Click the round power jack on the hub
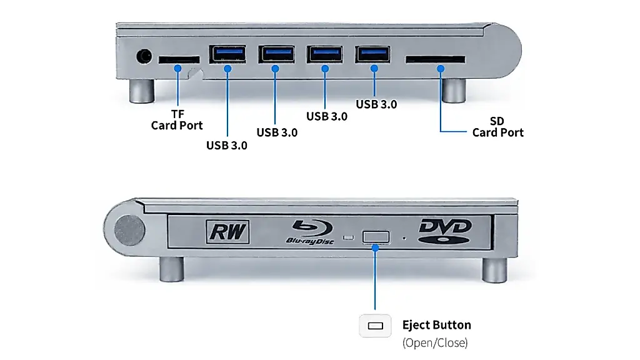point(144,56)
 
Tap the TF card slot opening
point(179,59)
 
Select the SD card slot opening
point(435,59)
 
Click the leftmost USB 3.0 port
point(227,54)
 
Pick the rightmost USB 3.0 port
point(372,54)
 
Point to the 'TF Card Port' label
point(177,119)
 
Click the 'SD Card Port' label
point(497,126)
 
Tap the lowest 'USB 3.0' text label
point(226,145)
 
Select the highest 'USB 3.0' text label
point(376,104)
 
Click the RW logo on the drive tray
point(227,232)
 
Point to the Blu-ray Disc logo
point(310,232)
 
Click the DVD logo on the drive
point(445,231)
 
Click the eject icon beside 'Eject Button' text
point(376,326)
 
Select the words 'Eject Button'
point(437,325)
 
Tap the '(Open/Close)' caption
point(435,342)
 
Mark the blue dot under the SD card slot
point(441,69)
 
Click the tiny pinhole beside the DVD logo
point(404,238)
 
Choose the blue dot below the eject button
point(375,247)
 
